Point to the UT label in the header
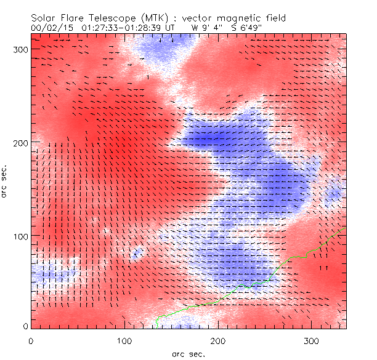tap(170, 27)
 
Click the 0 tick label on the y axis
tap(25, 326)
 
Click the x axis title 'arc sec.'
tap(188, 354)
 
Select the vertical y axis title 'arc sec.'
tap(7, 182)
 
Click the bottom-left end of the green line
tap(157, 327)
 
